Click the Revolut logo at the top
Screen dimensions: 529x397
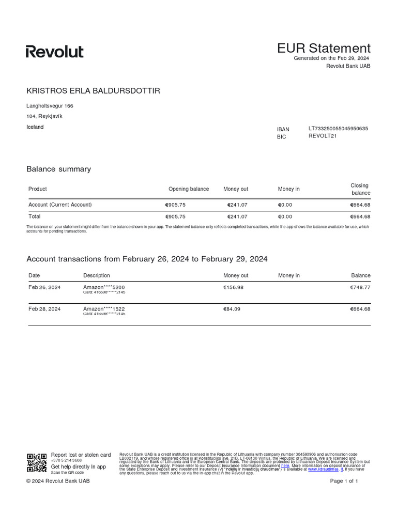(x=55, y=52)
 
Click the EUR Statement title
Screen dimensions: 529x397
(x=324, y=49)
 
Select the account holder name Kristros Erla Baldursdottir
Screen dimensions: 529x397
(x=93, y=91)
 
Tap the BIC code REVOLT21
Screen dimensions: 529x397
(x=322, y=137)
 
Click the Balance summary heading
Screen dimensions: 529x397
(x=58, y=169)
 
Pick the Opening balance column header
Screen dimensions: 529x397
(x=189, y=189)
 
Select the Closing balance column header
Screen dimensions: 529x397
(x=360, y=189)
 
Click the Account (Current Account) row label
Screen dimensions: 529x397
(x=60, y=205)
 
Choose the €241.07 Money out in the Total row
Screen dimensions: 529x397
(x=237, y=216)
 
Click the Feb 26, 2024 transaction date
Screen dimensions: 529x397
(x=44, y=287)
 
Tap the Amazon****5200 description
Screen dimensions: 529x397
(x=104, y=287)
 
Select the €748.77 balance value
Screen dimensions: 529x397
(x=360, y=287)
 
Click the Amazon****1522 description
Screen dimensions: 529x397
(x=104, y=308)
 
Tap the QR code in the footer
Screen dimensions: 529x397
(x=37, y=462)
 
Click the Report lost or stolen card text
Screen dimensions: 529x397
(x=81, y=455)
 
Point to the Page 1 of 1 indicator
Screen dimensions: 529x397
(x=344, y=481)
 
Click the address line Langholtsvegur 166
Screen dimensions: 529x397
(x=50, y=106)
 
